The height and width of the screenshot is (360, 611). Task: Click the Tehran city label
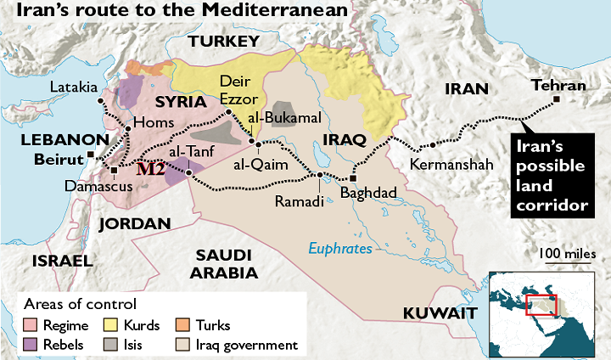click(558, 85)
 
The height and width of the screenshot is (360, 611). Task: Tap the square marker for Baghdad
click(354, 179)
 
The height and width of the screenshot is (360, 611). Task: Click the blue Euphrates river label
click(339, 249)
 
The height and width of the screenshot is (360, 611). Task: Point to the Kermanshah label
click(451, 164)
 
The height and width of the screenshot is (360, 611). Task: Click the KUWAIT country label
click(438, 312)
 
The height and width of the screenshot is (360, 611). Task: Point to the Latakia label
click(73, 87)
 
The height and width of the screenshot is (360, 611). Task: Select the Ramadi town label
click(300, 201)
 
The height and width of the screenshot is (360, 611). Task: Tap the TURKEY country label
click(223, 42)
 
